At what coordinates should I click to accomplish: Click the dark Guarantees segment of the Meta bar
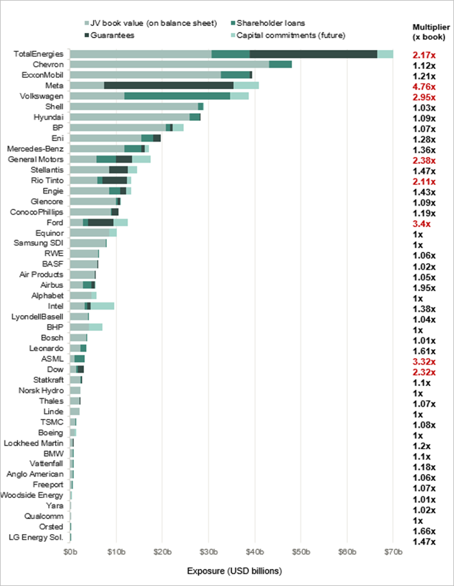pos(169,85)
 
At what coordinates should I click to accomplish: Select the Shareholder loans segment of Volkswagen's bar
pos(177,96)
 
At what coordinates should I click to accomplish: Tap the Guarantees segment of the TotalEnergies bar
pos(314,54)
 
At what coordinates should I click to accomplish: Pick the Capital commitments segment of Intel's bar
pos(102,306)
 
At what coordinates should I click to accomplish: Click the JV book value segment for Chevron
pos(169,65)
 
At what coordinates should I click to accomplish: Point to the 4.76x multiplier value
pos(424,87)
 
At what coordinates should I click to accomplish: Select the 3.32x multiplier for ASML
pos(424,362)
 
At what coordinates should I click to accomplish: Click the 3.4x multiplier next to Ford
pos(422,224)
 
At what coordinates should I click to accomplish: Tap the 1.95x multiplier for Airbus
pos(424,288)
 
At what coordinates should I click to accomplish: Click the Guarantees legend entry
pos(109,35)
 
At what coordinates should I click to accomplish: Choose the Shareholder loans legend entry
pos(268,23)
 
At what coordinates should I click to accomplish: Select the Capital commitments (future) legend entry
pos(288,35)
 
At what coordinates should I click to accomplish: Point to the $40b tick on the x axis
pos(255,552)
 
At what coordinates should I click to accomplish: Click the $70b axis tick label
pos(393,552)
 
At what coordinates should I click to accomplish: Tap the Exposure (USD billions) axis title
pos(235,571)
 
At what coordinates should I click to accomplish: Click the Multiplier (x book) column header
pos(431,32)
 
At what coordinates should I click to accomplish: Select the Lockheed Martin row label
pos(34,443)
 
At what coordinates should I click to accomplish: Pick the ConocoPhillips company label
pos(37,212)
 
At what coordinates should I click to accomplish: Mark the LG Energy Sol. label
pos(36,537)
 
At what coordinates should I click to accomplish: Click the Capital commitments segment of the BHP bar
pos(95,327)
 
